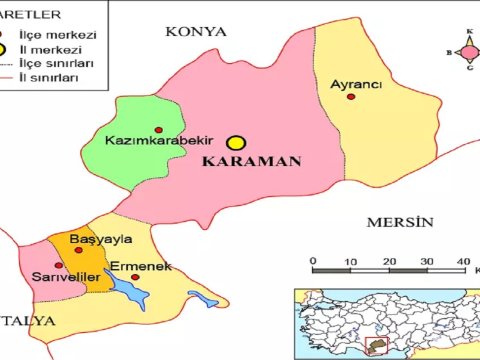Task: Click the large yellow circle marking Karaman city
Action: (236, 144)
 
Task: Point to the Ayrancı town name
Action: (357, 84)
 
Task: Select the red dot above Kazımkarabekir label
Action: (159, 130)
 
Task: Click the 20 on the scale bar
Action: (389, 261)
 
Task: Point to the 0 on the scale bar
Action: (313, 261)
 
